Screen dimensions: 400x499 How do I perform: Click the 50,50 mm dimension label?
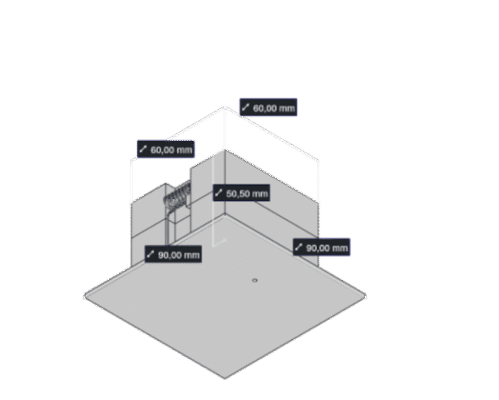coord(241,193)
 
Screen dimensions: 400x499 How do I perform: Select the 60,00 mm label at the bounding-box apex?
coord(268,107)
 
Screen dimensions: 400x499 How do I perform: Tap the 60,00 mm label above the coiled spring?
coord(166,150)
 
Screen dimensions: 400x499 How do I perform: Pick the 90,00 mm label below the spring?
coord(174,254)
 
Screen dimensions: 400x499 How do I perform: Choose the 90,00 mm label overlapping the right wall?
coord(321,247)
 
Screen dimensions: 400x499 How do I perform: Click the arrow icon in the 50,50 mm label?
coord(220,193)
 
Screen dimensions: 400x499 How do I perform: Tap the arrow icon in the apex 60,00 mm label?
coord(246,107)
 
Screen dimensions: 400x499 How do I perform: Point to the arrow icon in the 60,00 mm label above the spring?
coord(144,150)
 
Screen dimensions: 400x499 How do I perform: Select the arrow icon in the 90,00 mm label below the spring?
coord(152,254)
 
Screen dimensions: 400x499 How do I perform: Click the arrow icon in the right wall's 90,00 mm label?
coord(299,247)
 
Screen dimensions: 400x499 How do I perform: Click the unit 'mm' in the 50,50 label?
coord(259,193)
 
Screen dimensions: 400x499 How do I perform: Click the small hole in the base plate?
coord(254,281)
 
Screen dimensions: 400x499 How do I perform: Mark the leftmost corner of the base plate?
coord(84,294)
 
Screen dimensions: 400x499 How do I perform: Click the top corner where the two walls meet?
coord(225,151)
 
